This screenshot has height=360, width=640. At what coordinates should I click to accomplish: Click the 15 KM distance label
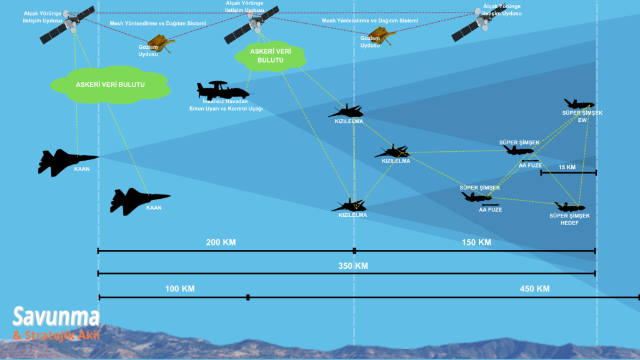567,167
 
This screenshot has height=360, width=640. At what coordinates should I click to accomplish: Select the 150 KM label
476,242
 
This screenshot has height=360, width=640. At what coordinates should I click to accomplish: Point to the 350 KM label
353,266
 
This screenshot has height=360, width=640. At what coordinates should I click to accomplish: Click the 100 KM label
179,289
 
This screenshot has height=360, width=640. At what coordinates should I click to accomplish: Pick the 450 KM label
534,289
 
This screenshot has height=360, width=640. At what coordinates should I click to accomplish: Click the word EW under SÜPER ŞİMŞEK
582,119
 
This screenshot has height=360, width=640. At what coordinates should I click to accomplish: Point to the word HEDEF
569,223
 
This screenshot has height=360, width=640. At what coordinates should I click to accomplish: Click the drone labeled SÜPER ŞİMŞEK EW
578,104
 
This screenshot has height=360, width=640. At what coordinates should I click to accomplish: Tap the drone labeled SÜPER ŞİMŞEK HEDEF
569,206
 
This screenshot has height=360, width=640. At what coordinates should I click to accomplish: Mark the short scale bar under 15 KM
568,172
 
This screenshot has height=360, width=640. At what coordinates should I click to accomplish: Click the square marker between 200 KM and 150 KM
354,251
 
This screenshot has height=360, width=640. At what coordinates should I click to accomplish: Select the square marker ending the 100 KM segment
248,297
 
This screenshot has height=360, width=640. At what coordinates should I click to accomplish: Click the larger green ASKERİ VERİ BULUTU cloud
110,84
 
